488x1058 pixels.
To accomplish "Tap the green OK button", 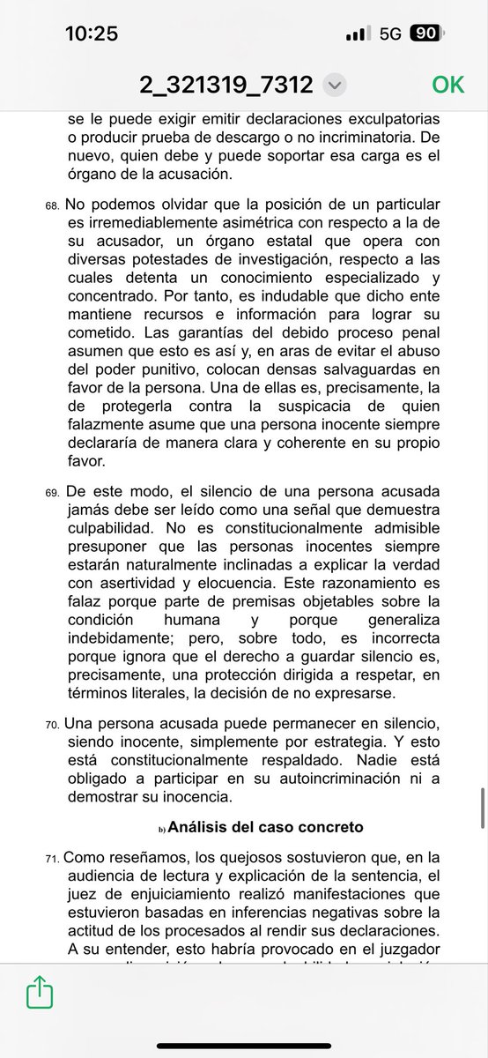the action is (447, 85).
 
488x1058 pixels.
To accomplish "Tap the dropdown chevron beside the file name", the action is (334, 86).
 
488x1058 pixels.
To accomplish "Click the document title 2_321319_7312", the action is (226, 85).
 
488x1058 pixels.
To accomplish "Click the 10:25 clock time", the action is (92, 34).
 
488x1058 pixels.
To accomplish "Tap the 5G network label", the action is (390, 34).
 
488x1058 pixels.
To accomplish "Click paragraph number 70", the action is (51, 726).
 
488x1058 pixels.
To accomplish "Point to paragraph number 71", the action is (51, 858).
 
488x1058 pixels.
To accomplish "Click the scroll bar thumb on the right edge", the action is (482, 808).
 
